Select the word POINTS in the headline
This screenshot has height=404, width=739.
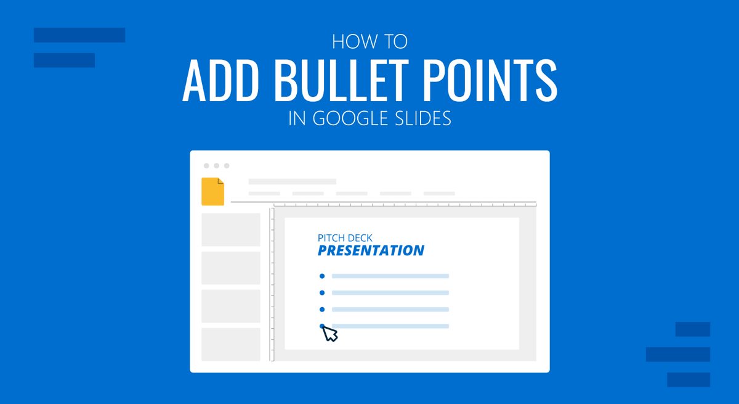492,82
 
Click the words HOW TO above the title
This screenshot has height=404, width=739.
369,42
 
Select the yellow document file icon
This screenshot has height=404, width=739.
212,191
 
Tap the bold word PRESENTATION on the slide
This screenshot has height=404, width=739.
371,250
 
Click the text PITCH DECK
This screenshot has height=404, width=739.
345,237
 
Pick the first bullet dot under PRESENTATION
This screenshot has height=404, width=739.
322,276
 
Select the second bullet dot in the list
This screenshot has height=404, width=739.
322,293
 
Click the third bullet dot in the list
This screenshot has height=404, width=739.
322,310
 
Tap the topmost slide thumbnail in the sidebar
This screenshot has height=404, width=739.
231,229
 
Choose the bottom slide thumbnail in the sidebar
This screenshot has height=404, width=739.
231,344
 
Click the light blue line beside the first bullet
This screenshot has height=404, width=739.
390,276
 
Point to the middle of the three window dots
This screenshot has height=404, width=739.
217,166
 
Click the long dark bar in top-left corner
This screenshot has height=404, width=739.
79,35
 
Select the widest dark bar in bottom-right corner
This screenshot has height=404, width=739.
678,354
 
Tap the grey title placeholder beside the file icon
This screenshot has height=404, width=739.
292,182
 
